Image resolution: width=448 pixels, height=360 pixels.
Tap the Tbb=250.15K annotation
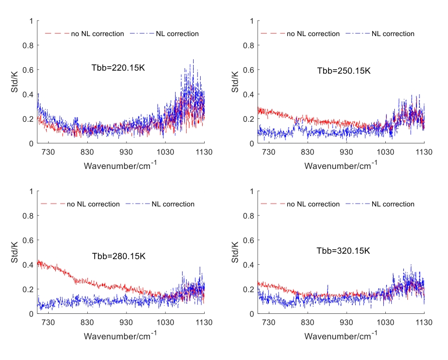tap(344, 71)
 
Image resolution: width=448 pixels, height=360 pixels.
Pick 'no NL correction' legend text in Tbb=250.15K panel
tap(314, 34)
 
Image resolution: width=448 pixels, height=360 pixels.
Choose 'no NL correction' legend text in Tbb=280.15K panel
tap(93, 204)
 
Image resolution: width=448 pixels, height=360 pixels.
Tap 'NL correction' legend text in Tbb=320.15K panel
tap(393, 204)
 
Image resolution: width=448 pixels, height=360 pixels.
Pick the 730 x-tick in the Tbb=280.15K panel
tap(49, 323)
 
